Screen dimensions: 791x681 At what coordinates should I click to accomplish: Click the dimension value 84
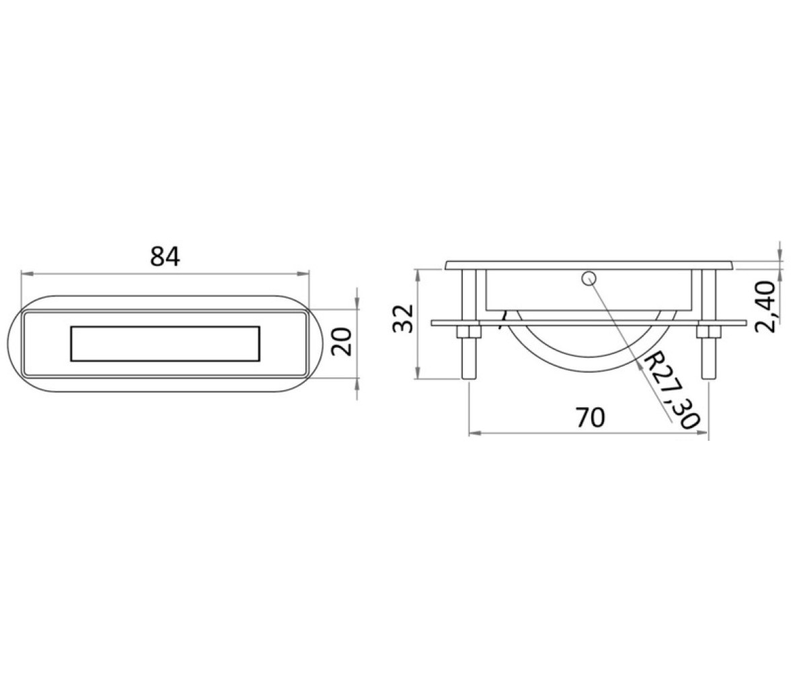point(165,257)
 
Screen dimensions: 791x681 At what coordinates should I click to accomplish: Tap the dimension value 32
point(404,318)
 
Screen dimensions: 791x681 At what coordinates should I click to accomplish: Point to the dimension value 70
point(590,418)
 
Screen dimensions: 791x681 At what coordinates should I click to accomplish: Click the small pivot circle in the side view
point(589,278)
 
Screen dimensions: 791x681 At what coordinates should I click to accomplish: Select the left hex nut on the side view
point(469,332)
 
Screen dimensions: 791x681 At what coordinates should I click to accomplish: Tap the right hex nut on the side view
point(708,332)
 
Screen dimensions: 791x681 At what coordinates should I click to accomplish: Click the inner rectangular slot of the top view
point(165,344)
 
